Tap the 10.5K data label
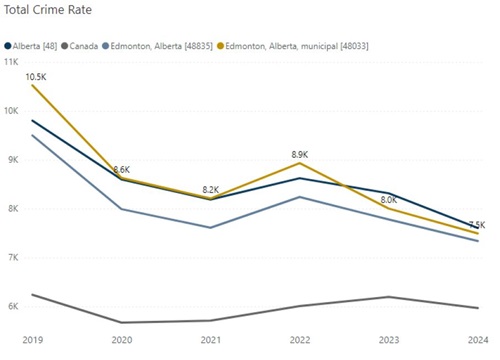[36, 76]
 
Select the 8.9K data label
[299, 154]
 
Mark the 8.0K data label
[387, 199]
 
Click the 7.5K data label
[476, 224]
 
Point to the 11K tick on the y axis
[13, 62]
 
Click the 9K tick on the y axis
[15, 160]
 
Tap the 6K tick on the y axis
[15, 307]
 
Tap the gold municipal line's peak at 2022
[299, 163]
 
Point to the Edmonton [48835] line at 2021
[211, 227]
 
